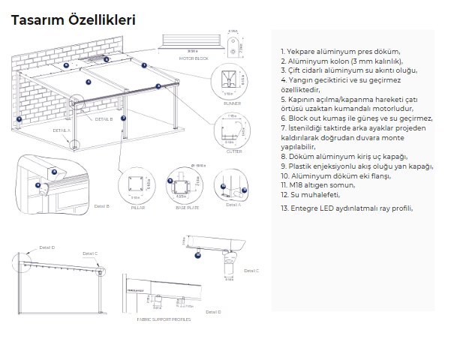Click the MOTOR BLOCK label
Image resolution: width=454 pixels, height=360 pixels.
point(193,58)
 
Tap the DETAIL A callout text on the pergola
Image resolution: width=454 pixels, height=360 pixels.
point(61,130)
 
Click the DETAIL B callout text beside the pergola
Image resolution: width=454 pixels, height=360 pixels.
point(104,119)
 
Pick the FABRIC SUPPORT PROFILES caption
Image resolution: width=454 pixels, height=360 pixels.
point(163,319)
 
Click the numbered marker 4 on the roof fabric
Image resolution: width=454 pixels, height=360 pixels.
point(89,81)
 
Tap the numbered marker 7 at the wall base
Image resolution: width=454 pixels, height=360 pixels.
point(20,119)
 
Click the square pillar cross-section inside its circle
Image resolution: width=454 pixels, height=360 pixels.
point(137,183)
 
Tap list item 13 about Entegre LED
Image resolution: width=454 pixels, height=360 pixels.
point(346,208)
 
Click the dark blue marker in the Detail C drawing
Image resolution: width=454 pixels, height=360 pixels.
point(198,255)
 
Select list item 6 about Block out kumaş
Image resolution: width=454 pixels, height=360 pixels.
point(356,118)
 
